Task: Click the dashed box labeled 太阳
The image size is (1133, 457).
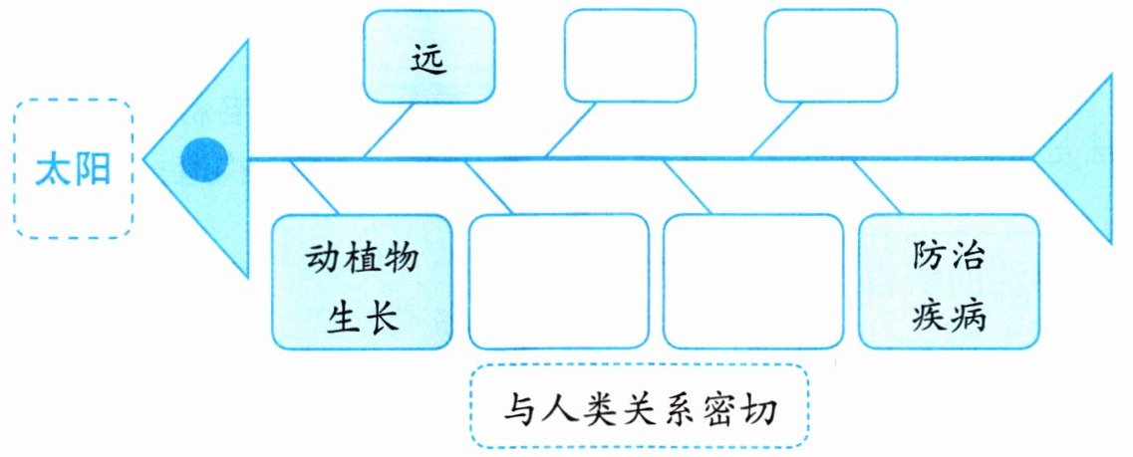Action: tap(73, 167)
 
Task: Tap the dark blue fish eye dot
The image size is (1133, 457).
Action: tap(204, 159)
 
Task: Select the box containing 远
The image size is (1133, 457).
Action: tap(428, 56)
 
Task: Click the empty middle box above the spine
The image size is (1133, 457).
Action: tap(630, 56)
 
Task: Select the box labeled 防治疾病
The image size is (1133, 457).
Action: tap(949, 282)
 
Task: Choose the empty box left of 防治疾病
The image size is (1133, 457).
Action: tap(752, 282)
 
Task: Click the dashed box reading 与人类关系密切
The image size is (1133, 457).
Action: tap(639, 406)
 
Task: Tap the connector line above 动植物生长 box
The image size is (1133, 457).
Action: tap(314, 186)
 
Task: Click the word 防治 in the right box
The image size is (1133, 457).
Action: tap(949, 257)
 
